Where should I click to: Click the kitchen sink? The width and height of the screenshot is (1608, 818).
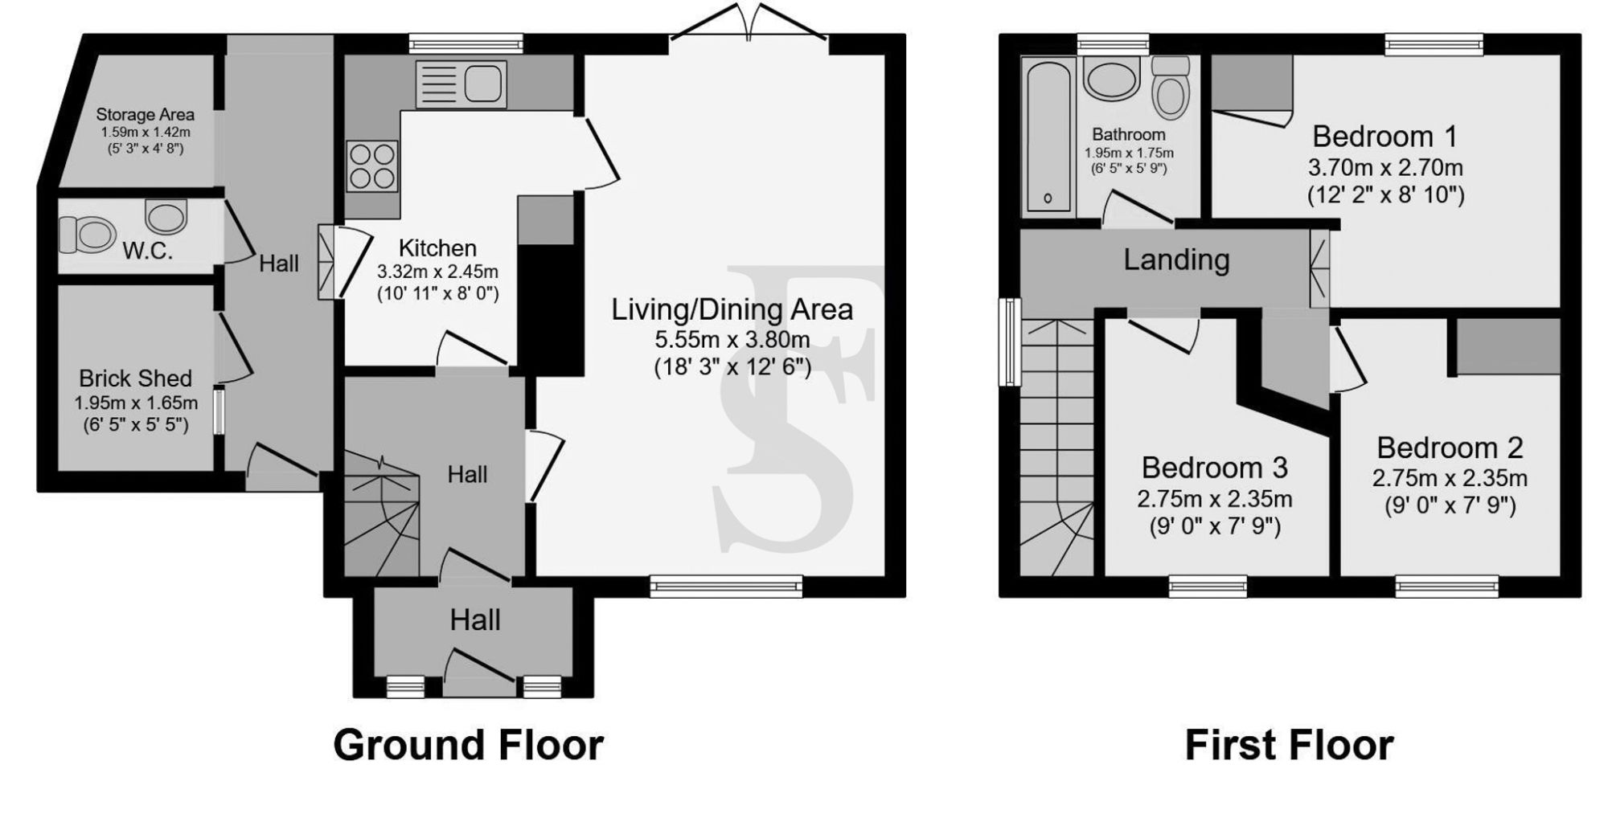point(461,84)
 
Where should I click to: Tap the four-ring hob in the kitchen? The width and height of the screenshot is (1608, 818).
point(372,166)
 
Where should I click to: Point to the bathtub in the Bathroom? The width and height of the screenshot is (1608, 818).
point(1048,134)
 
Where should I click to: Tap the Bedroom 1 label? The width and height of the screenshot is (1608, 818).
point(1384,137)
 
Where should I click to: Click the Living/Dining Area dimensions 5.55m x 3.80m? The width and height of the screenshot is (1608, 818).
point(732,340)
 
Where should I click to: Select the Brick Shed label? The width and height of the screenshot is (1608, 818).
point(135,378)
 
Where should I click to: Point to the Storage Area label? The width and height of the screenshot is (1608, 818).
point(145,115)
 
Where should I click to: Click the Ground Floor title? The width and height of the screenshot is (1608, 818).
point(468,745)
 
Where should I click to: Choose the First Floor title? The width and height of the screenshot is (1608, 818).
point(1289,745)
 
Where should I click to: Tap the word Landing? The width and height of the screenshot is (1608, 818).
point(1176,260)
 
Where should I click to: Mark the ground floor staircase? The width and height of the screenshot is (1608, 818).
point(381,514)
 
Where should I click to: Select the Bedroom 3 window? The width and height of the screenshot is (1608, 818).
point(1208,587)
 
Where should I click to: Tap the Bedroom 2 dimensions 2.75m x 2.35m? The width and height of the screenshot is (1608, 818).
point(1450,479)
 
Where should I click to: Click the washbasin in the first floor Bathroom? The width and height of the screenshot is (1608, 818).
point(1110,78)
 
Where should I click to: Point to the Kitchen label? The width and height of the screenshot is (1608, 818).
point(437,248)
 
